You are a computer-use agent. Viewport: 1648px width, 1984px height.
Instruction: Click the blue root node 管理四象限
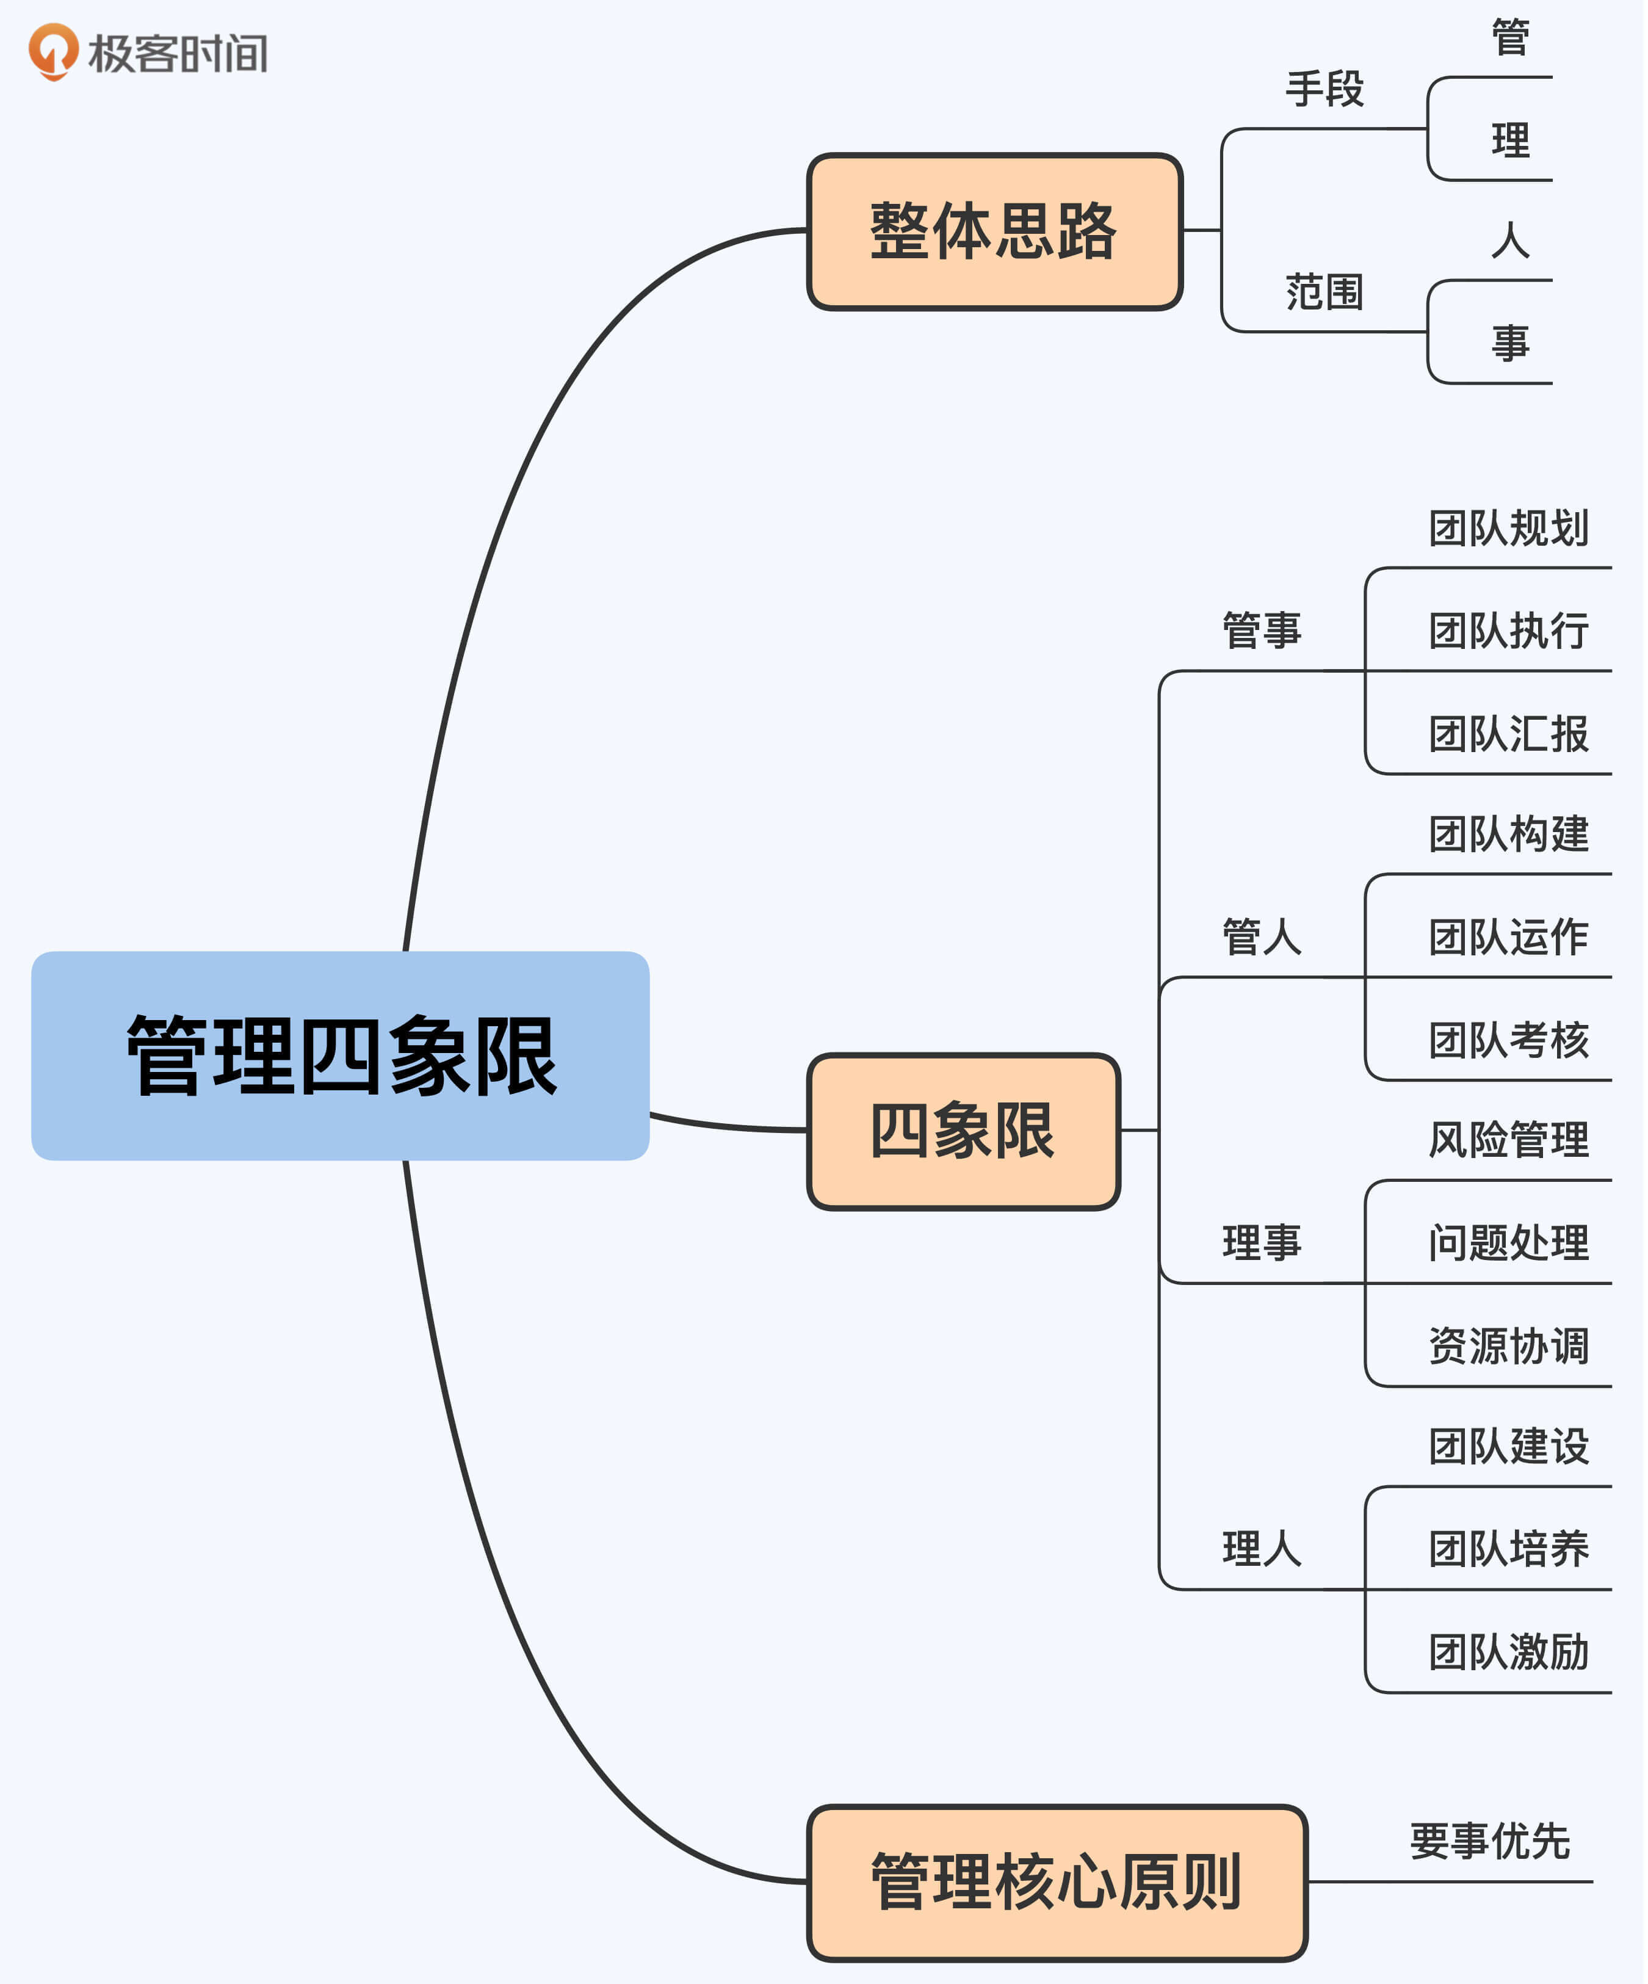340,1055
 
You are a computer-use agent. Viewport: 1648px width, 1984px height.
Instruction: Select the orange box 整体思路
994,231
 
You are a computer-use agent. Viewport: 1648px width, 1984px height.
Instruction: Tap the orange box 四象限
963,1131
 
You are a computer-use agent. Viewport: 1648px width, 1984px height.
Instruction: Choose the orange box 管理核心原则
1057,1883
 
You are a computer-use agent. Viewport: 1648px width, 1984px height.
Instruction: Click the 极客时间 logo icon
53,51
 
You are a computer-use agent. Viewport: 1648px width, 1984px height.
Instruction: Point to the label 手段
1324,89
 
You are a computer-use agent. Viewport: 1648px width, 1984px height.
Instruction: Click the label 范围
1324,292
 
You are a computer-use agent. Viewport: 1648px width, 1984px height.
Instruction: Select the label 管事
1262,630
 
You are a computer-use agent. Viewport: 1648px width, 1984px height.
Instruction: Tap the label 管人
1262,937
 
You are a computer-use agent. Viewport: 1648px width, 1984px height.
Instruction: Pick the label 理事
1262,1242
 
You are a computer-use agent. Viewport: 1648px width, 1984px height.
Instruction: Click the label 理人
1262,1549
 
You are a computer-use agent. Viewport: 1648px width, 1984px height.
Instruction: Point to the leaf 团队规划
1508,528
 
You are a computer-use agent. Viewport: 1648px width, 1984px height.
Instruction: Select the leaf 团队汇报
1508,734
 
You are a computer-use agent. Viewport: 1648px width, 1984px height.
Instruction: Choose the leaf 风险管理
1508,1139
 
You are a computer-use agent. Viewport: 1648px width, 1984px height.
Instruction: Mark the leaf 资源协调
1508,1346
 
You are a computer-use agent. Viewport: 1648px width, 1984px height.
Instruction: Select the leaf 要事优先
1489,1841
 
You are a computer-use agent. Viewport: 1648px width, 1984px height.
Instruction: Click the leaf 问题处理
1508,1242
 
